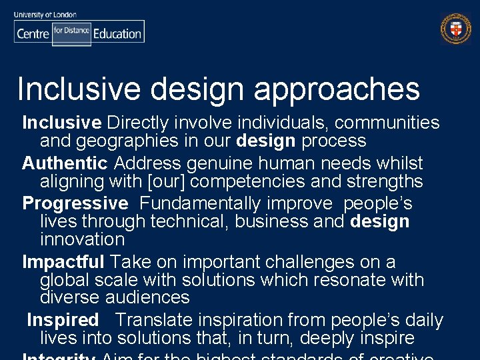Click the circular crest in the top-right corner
coord(455,29)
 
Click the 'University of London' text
coord(45,14)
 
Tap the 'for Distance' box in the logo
coord(71,31)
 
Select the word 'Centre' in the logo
coord(33,33)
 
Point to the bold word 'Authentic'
coord(65,163)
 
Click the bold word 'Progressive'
coord(75,203)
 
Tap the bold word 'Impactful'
coord(63,262)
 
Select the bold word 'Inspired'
coord(63,321)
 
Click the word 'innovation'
coord(83,239)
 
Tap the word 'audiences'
coord(147,297)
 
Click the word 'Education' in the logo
coord(117,33)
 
